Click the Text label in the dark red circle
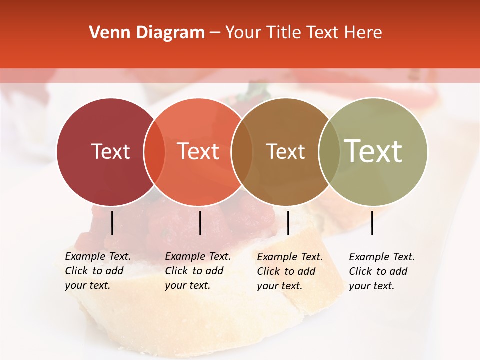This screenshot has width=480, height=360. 110,151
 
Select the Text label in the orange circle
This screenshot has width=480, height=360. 198,151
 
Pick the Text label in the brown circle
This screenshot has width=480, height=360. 285,151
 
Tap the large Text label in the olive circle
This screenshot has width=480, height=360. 373,151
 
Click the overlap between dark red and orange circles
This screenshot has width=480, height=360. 154,152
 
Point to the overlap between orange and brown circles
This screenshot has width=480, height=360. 242,152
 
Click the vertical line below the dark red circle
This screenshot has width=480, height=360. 112,223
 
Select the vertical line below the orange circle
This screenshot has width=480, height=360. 200,223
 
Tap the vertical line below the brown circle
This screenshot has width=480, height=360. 288,223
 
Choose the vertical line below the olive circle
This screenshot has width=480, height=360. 372,223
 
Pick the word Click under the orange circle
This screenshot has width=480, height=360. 176,271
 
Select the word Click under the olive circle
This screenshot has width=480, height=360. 360,271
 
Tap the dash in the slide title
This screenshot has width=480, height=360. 215,33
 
